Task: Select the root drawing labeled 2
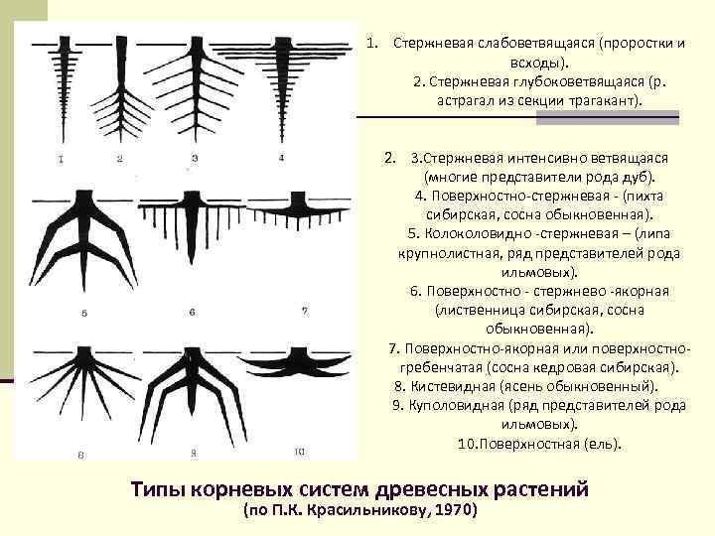click(x=120, y=84)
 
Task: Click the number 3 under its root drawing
click(x=195, y=157)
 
